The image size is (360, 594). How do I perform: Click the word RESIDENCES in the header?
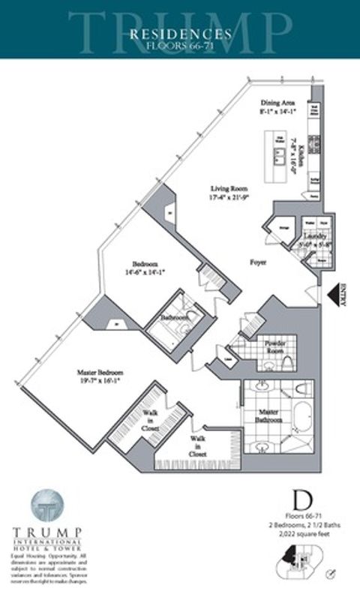pyautogui.click(x=179, y=33)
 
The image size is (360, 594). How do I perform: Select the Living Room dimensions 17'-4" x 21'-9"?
pyautogui.click(x=229, y=197)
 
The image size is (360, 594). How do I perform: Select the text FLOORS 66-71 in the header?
pyautogui.click(x=179, y=44)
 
